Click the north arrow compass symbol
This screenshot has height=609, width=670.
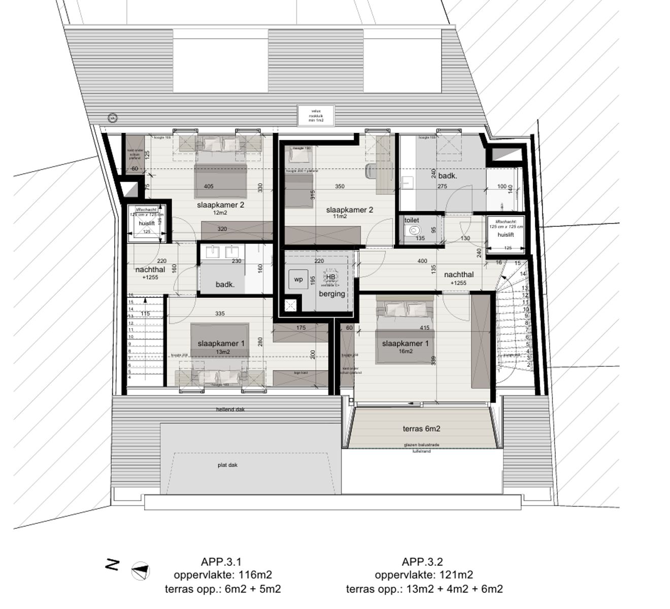click(140, 571)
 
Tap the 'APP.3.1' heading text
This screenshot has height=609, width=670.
click(221, 562)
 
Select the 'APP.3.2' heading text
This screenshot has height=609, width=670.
click(422, 562)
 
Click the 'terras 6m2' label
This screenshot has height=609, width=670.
click(421, 429)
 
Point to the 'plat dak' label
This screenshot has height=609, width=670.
click(227, 465)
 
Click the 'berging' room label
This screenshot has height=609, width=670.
click(332, 294)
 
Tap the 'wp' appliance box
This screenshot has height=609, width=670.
click(298, 280)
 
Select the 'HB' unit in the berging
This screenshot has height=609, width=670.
click(330, 277)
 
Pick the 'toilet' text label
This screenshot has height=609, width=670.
click(412, 220)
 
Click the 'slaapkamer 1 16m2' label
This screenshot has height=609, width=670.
click(405, 347)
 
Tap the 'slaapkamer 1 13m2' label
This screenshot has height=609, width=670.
click(221, 347)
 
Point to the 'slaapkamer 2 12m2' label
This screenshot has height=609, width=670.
click(221, 208)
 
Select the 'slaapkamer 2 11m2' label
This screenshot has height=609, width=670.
click(350, 212)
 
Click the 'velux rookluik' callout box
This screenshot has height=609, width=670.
click(316, 115)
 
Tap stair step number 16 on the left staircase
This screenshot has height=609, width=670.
click(130, 295)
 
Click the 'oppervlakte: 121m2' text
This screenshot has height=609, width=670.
click(424, 575)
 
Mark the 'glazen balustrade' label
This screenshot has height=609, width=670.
click(421, 445)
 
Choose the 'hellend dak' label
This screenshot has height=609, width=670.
click(230, 409)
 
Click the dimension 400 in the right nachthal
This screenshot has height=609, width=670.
click(422, 261)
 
